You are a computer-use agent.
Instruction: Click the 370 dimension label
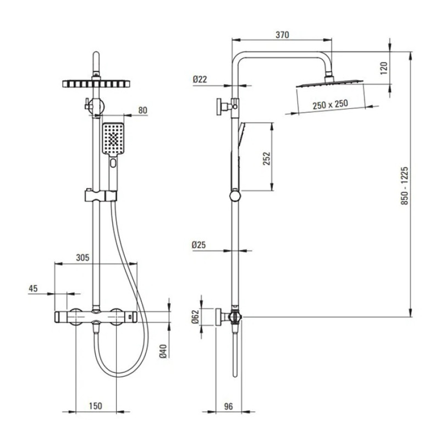(282, 35)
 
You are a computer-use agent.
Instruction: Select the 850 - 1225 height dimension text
(404, 185)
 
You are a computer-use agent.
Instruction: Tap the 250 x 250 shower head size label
(331, 105)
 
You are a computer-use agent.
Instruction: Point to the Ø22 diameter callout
(200, 79)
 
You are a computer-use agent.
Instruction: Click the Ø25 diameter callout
(199, 245)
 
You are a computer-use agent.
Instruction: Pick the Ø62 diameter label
(195, 317)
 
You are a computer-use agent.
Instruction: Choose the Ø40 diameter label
(163, 351)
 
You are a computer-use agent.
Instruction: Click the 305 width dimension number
(82, 257)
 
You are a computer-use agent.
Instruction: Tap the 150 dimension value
(95, 406)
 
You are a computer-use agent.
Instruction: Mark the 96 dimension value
(229, 406)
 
